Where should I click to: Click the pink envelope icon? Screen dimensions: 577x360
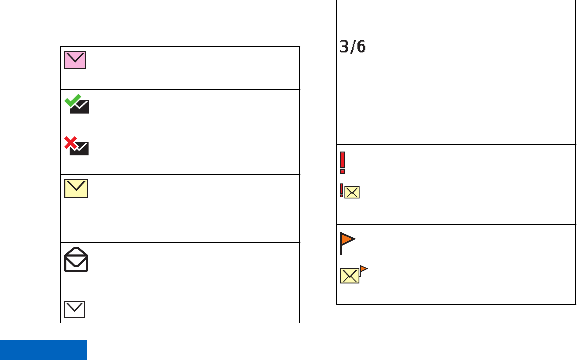tap(75, 60)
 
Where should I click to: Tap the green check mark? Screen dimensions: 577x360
tap(73, 100)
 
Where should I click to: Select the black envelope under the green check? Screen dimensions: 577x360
tap(80, 107)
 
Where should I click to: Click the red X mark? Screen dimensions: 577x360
tap(72, 143)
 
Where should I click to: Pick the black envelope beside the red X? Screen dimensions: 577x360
tap(80, 148)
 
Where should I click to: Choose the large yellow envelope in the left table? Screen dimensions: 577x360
tap(76, 188)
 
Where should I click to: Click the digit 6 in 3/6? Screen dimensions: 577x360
tap(361, 47)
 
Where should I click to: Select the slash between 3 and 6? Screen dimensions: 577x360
tap(353, 47)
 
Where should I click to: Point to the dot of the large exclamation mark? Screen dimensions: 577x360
tap(343, 172)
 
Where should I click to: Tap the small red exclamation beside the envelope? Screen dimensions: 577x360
tap(341, 190)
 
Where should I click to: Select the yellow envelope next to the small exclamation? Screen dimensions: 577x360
tap(352, 192)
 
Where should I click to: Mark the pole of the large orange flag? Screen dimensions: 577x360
tap(341, 245)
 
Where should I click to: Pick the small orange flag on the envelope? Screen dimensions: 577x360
tap(364, 269)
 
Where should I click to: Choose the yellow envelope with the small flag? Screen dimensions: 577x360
tap(350, 275)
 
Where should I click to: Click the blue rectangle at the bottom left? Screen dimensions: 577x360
tap(43, 350)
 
